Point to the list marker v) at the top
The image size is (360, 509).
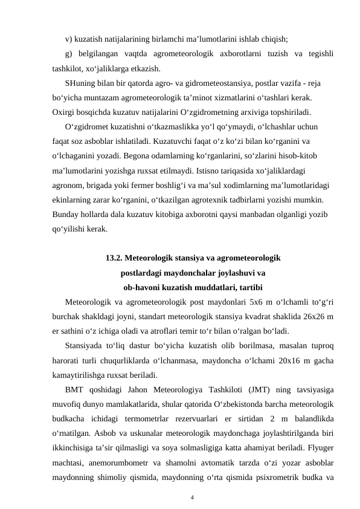tap(68, 39)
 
